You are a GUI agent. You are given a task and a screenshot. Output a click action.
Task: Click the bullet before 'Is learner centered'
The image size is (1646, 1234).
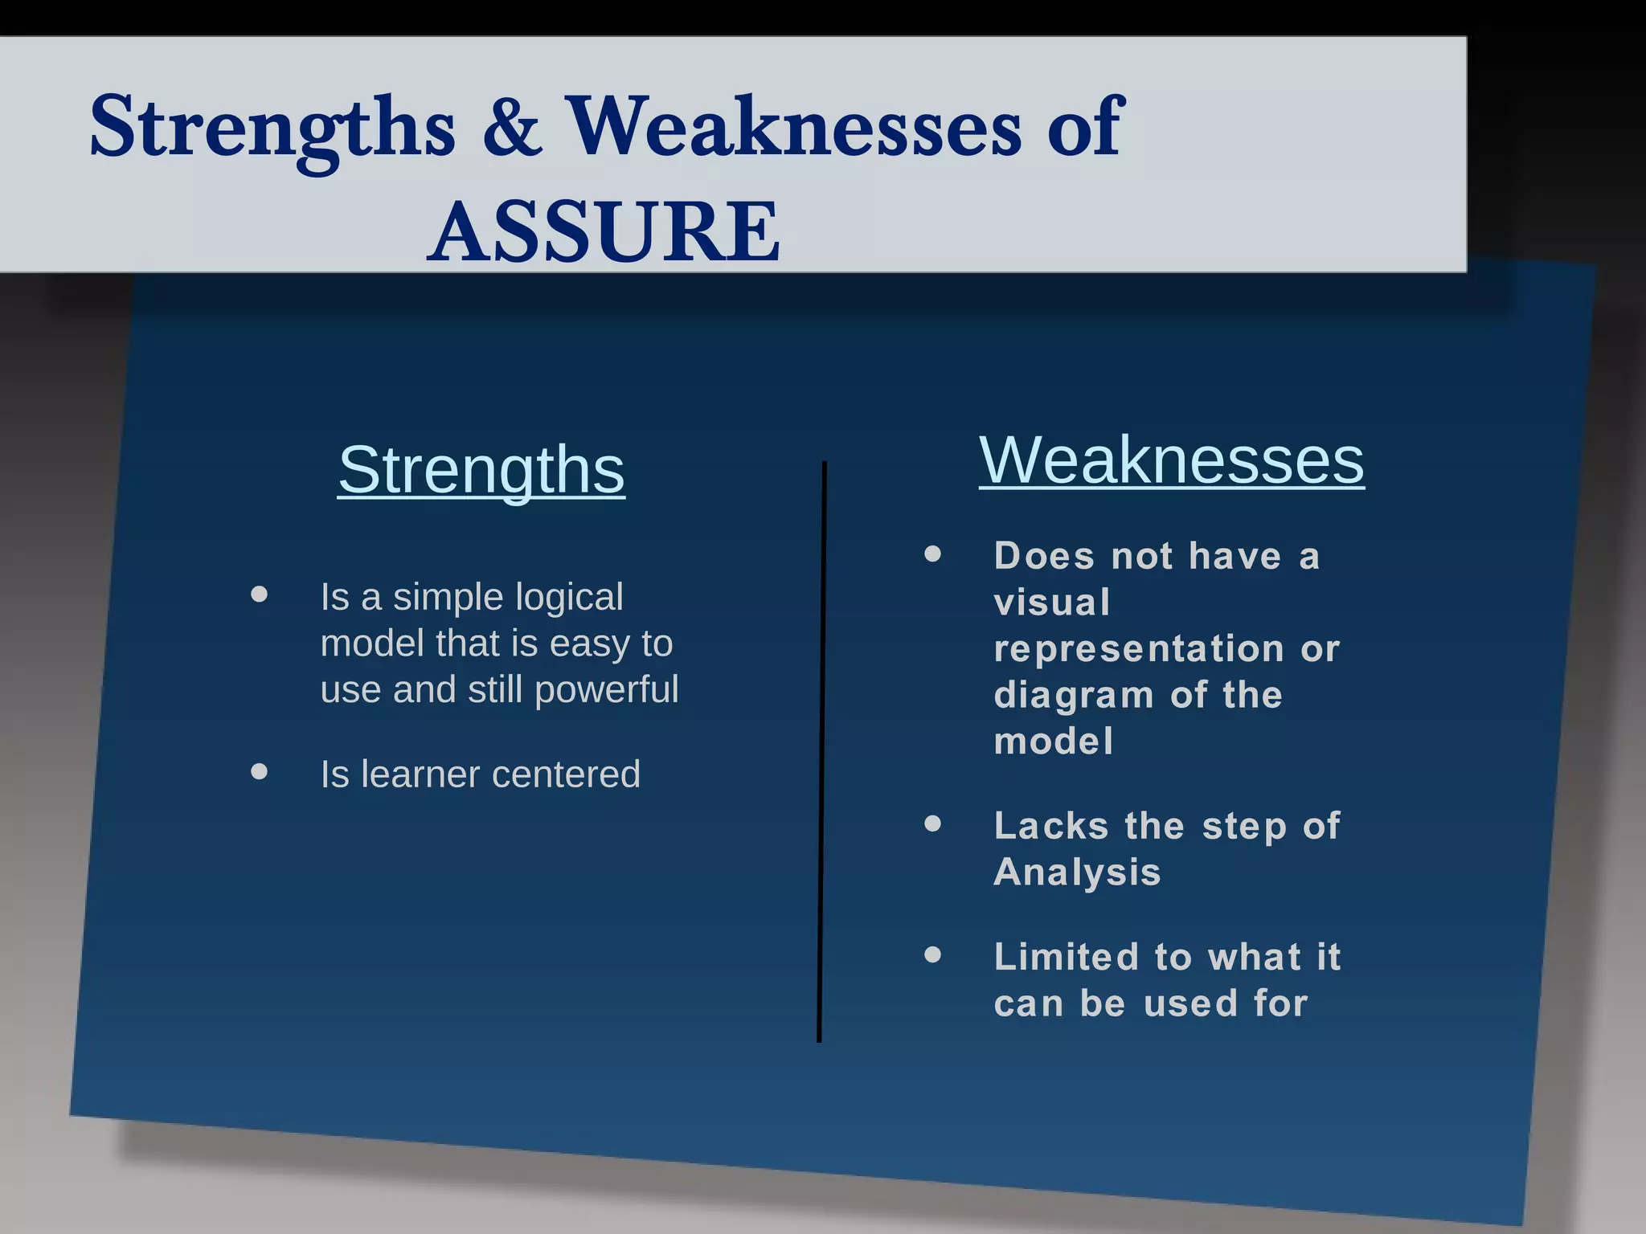click(x=259, y=772)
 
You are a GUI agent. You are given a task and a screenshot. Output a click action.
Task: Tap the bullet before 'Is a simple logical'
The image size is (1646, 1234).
click(x=259, y=595)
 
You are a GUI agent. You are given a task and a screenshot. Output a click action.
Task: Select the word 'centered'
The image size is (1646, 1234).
click(x=566, y=774)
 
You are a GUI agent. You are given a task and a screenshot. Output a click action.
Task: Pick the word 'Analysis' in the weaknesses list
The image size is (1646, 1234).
click(x=1077, y=872)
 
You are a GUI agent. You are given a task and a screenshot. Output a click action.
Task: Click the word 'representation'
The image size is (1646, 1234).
click(x=1138, y=648)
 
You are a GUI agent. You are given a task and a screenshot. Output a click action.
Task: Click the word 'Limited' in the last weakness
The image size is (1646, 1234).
click(x=1066, y=957)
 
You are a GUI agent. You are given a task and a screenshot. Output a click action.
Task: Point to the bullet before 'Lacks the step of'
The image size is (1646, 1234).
click(x=932, y=823)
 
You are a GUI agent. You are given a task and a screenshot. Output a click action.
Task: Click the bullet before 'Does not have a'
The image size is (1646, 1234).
click(x=932, y=554)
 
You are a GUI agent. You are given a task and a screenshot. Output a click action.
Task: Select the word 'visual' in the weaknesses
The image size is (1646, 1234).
click(x=1051, y=603)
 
